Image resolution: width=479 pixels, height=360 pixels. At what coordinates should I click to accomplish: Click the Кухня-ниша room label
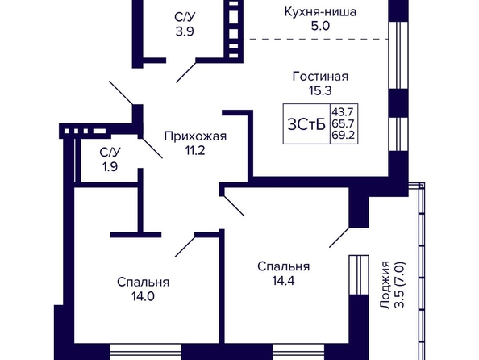(320, 12)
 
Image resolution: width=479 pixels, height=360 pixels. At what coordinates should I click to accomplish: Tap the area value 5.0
(320, 27)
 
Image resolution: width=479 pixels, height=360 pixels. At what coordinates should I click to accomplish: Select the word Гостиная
(320, 77)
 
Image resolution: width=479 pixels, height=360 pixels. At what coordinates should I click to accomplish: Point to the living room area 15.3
(320, 91)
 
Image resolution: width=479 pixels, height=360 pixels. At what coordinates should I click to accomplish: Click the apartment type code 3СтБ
(306, 124)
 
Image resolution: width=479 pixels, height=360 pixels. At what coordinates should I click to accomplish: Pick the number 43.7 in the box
(343, 112)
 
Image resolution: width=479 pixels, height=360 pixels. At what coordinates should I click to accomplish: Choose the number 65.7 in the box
(343, 123)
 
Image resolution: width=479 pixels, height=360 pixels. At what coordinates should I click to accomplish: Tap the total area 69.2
(343, 135)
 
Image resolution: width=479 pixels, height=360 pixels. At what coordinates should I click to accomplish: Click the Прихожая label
(195, 136)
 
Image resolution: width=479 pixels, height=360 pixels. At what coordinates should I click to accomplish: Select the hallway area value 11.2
(195, 150)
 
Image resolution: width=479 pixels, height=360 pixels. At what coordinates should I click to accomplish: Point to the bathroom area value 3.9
(185, 31)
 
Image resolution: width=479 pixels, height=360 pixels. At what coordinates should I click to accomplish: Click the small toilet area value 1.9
(110, 167)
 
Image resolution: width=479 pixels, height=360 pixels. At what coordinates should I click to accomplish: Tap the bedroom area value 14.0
(143, 296)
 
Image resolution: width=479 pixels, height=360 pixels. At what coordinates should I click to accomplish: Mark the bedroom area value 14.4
(283, 281)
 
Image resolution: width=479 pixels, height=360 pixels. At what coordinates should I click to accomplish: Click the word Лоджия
(385, 285)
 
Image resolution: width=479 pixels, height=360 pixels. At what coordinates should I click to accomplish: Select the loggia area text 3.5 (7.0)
(400, 285)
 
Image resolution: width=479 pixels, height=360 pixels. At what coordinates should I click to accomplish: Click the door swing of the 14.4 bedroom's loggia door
(339, 237)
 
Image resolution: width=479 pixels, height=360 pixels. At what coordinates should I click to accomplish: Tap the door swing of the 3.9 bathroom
(185, 73)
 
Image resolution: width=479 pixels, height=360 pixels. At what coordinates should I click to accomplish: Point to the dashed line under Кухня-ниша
(319, 40)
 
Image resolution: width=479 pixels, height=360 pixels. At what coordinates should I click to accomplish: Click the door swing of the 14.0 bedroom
(185, 246)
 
